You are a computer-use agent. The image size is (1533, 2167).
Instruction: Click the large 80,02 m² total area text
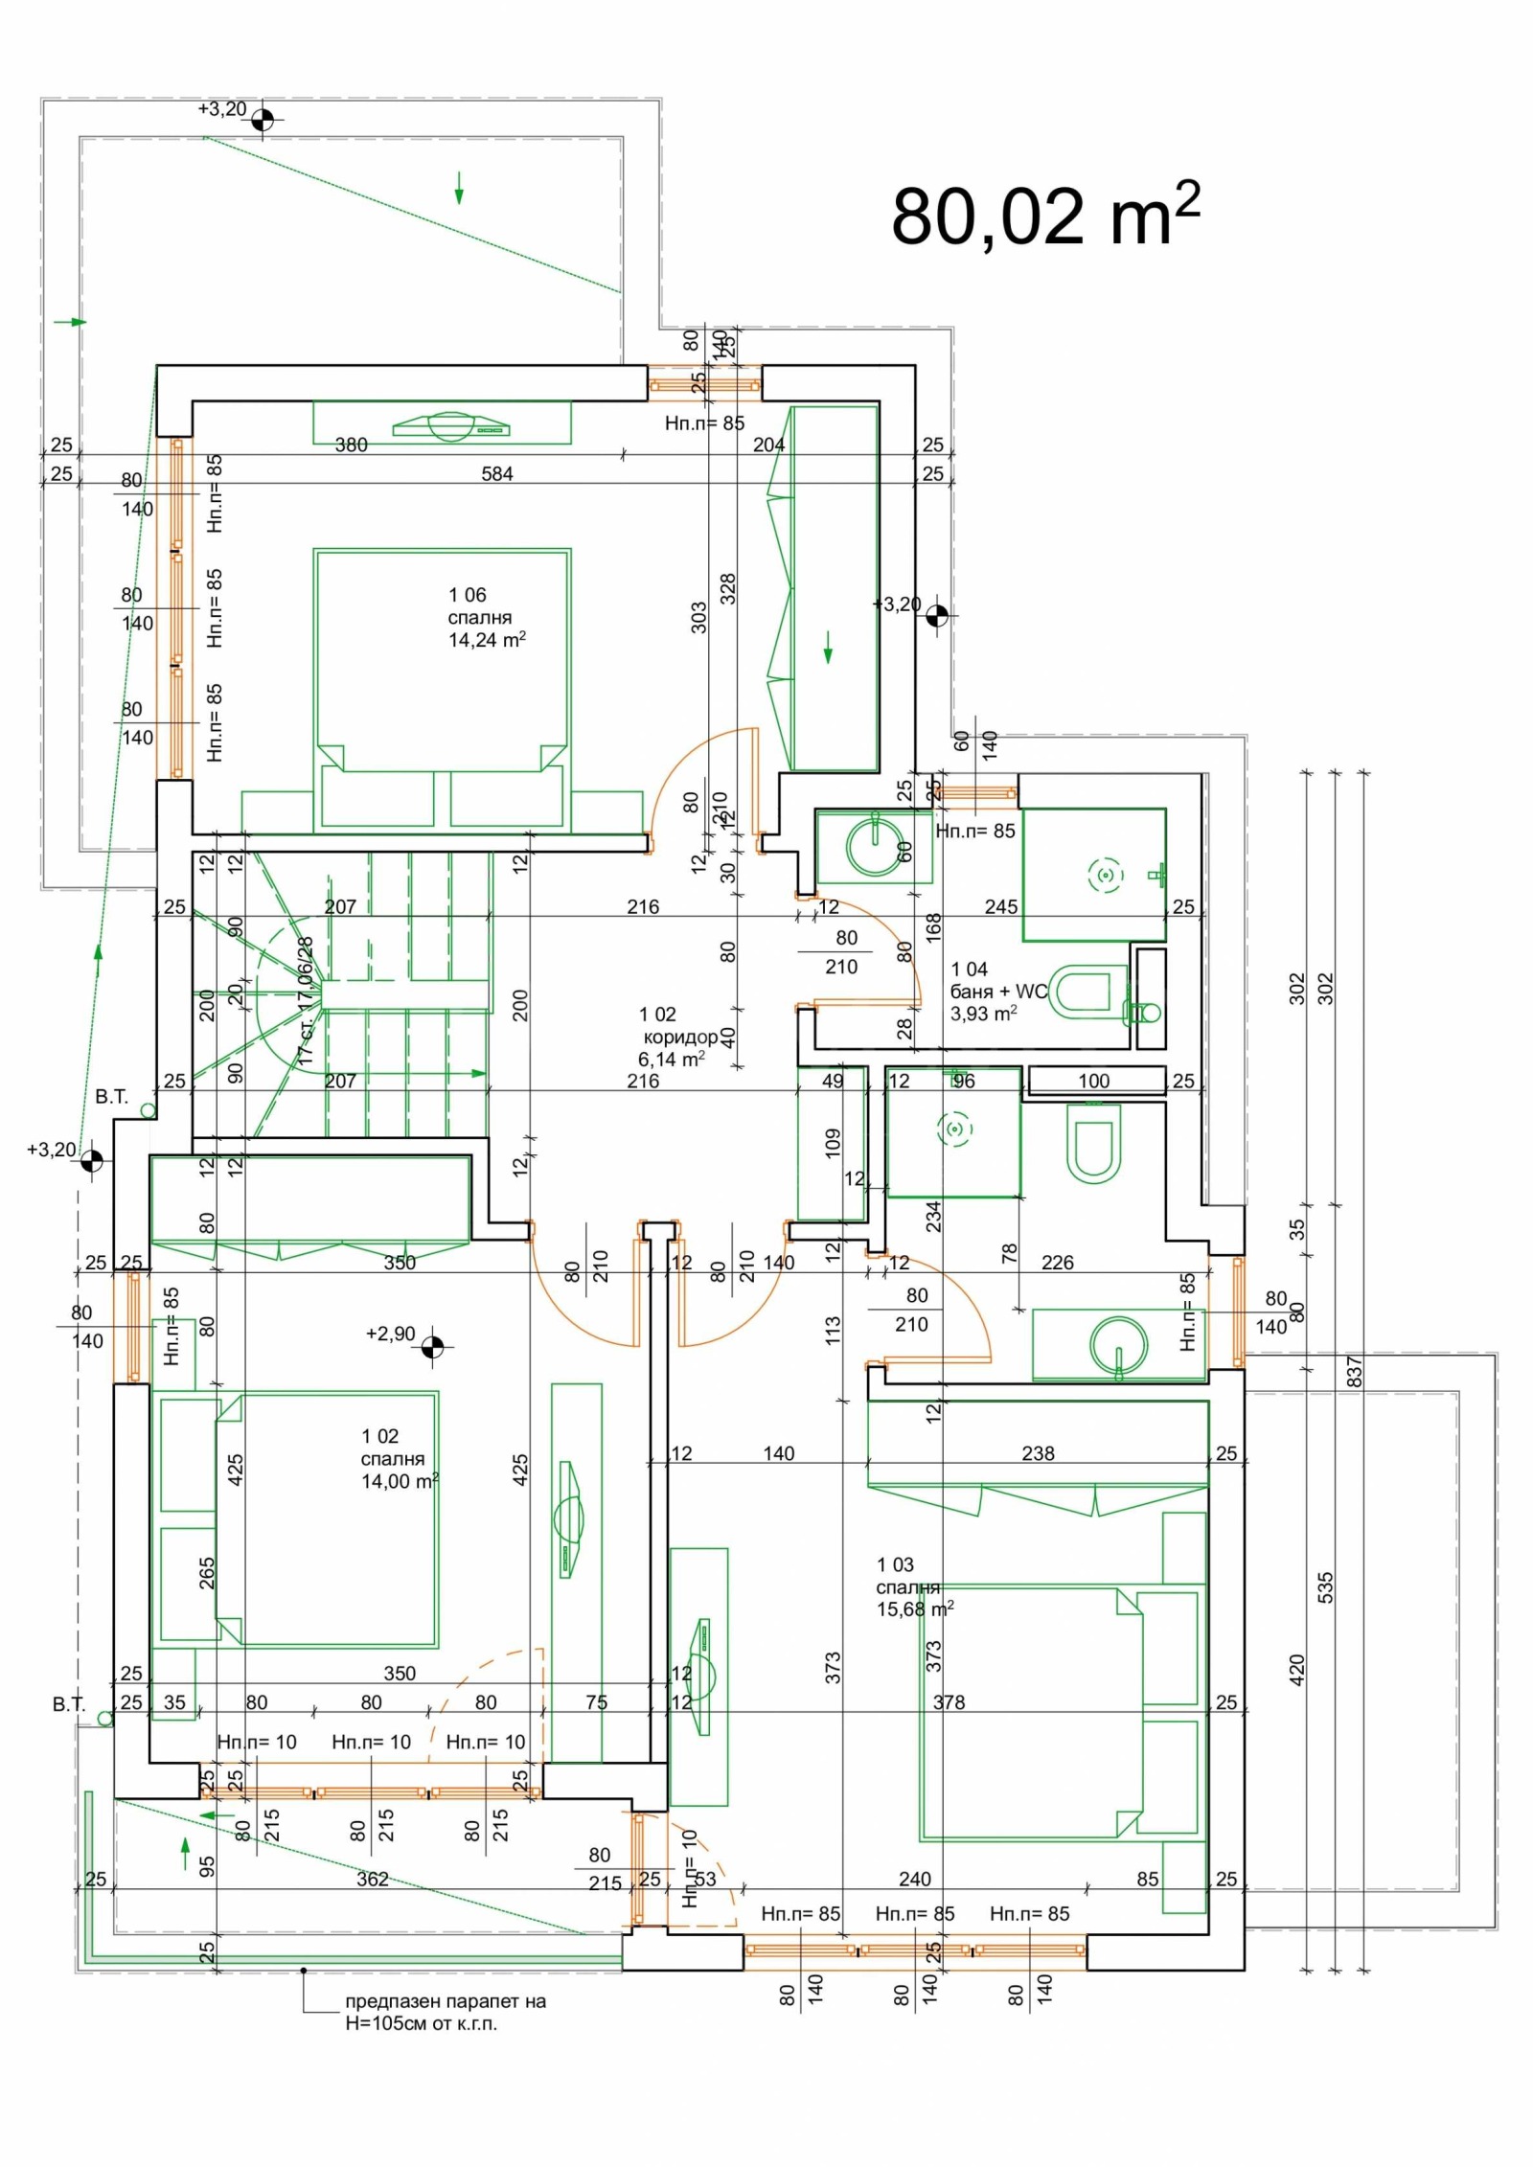point(1044,217)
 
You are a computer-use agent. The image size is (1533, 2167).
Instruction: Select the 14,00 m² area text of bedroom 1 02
point(400,1482)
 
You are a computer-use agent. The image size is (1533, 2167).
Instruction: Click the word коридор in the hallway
point(680,1037)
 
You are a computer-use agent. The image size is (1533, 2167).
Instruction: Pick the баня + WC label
point(998,992)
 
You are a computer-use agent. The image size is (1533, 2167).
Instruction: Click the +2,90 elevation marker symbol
point(433,1346)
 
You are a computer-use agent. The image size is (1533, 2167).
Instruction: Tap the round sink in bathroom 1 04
point(876,844)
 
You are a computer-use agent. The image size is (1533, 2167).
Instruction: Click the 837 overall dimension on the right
point(1354,1372)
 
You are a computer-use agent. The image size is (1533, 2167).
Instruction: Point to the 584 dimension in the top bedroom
point(497,473)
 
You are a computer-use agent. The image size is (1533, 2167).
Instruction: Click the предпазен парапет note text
point(445,2002)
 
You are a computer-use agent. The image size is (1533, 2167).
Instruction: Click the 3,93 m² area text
point(983,1014)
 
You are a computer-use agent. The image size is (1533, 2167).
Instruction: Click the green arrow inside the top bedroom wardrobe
point(828,654)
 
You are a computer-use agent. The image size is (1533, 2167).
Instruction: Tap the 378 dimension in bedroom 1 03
point(949,1702)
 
